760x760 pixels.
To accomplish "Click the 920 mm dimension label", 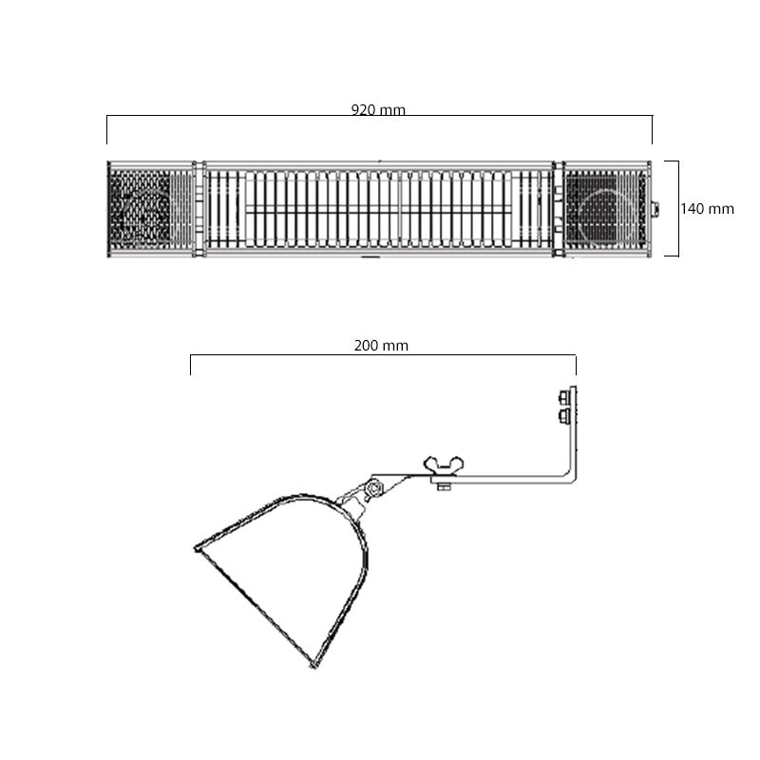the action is [378, 110].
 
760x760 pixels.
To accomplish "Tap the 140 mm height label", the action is [707, 209].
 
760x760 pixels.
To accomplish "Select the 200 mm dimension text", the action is [381, 346].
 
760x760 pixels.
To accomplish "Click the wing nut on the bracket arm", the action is [444, 465].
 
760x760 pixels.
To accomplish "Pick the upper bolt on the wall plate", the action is [564, 397].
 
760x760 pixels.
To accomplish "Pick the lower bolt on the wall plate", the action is [564, 415].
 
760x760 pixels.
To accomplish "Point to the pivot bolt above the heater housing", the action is [374, 488].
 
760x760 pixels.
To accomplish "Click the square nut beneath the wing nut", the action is [444, 486].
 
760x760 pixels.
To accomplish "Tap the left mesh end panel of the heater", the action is [150, 209].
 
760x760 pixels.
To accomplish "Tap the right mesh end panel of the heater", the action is [606, 209].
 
